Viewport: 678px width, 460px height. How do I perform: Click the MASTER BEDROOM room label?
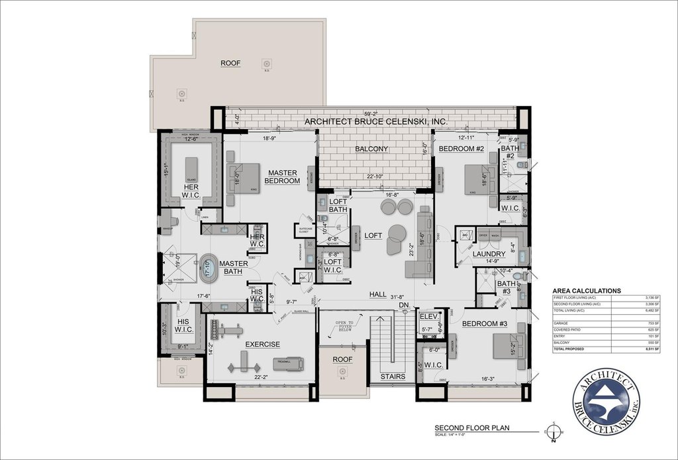(283, 176)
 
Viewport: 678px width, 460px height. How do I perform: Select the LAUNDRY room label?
(489, 254)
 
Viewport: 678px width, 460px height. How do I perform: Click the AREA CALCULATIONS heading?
(586, 290)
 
